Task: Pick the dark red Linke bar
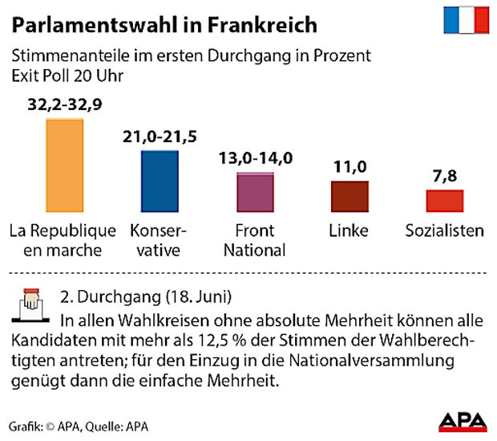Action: [350, 196]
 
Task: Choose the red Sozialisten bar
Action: [444, 201]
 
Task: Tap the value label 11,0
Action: [350, 167]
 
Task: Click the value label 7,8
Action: [444, 176]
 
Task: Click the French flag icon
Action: [467, 21]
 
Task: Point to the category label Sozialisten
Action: [444, 231]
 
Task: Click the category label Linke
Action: [350, 231]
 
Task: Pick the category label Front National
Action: [255, 240]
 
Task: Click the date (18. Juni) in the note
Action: [192, 295]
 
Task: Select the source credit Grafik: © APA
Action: [45, 426]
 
